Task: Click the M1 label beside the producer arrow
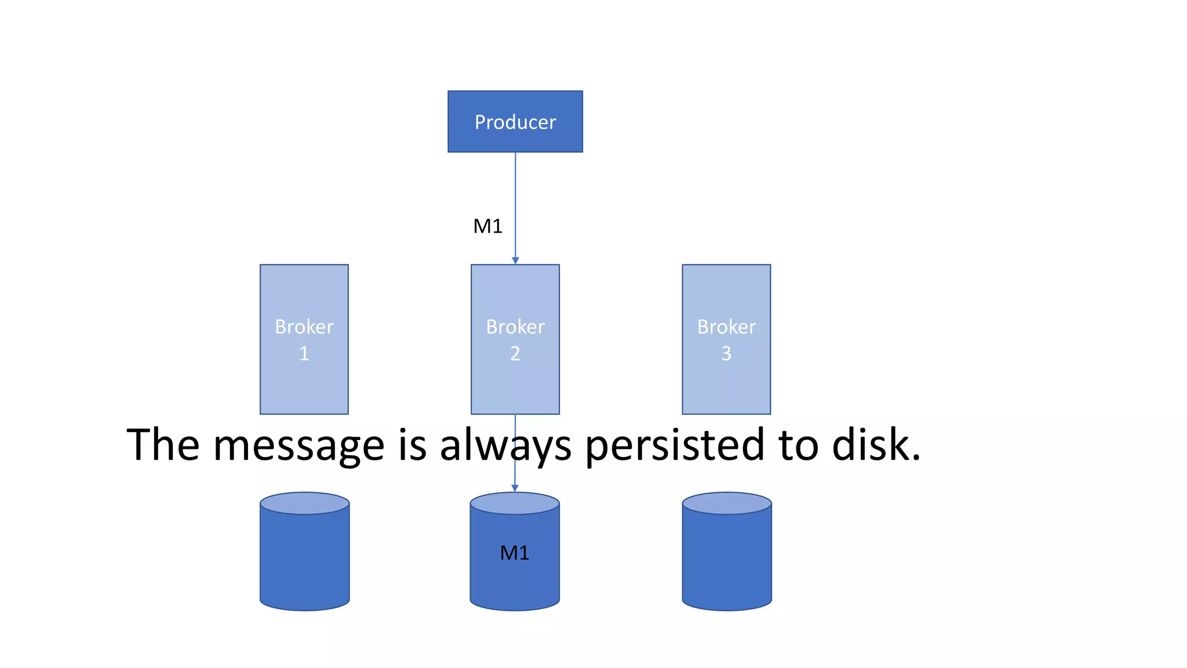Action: (x=487, y=226)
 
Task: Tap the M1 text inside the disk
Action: (x=515, y=553)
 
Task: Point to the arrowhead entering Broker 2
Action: (x=515, y=260)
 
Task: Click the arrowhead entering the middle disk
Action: (x=515, y=488)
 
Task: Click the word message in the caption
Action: (x=298, y=445)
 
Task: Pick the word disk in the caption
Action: (x=875, y=445)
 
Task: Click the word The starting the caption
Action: (x=163, y=445)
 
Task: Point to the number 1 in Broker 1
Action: (x=304, y=353)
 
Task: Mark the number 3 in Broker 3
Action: (x=726, y=353)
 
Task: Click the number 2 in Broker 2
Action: (x=515, y=353)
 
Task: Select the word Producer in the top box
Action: (x=515, y=122)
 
